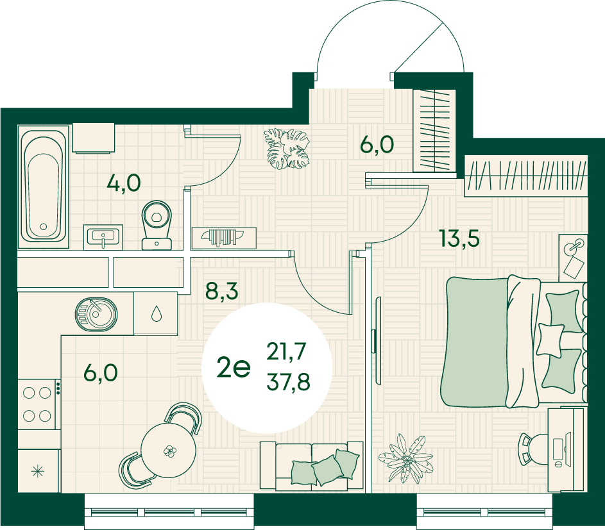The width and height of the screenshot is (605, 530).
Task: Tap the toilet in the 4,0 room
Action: [x=157, y=225]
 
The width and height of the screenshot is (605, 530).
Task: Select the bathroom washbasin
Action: [x=103, y=237]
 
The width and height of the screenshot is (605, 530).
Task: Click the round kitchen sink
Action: [x=96, y=314]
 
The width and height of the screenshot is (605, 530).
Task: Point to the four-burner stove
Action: [x=37, y=404]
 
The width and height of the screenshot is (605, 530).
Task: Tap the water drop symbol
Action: [x=157, y=313]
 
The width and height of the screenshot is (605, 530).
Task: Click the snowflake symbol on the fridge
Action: [x=38, y=471]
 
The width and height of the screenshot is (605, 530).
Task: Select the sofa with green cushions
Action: [x=312, y=466]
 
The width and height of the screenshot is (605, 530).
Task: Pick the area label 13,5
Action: [x=459, y=238]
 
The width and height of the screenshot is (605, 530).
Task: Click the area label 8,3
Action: [x=222, y=290]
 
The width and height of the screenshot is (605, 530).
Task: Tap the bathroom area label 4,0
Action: [x=124, y=183]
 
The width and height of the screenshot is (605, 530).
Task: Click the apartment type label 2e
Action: [x=234, y=367]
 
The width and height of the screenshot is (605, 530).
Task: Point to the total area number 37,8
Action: [x=288, y=382]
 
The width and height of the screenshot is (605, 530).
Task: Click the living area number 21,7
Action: [x=286, y=352]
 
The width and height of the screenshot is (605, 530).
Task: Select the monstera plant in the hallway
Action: [x=287, y=149]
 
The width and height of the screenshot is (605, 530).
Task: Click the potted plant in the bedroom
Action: [x=406, y=459]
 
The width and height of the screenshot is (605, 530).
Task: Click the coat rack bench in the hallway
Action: [x=224, y=237]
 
